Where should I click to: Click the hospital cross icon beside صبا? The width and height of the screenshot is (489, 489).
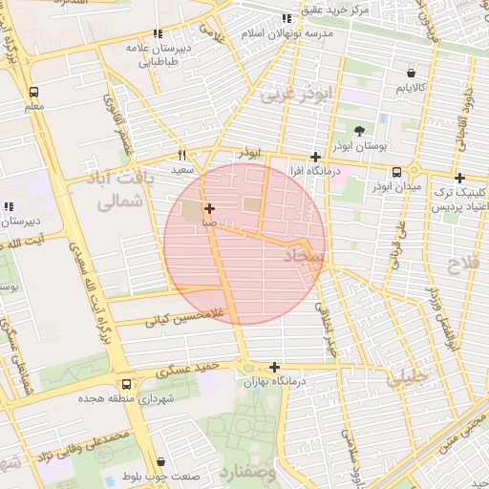coord(209,207)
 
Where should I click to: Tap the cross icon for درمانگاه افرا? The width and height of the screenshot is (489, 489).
coord(315,157)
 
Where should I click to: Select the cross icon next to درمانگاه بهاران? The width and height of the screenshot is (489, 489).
coord(274,367)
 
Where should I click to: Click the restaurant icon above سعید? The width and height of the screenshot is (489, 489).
coord(182,155)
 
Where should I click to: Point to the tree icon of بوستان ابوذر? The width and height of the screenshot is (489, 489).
coord(358,131)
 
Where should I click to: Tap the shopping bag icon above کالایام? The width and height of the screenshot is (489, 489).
coord(411,73)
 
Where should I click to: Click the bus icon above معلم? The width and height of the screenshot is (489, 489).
coord(34,93)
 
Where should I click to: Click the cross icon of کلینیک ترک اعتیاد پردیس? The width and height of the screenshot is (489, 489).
coord(459,178)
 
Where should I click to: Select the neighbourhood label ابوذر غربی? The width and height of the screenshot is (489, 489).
coord(300,94)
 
